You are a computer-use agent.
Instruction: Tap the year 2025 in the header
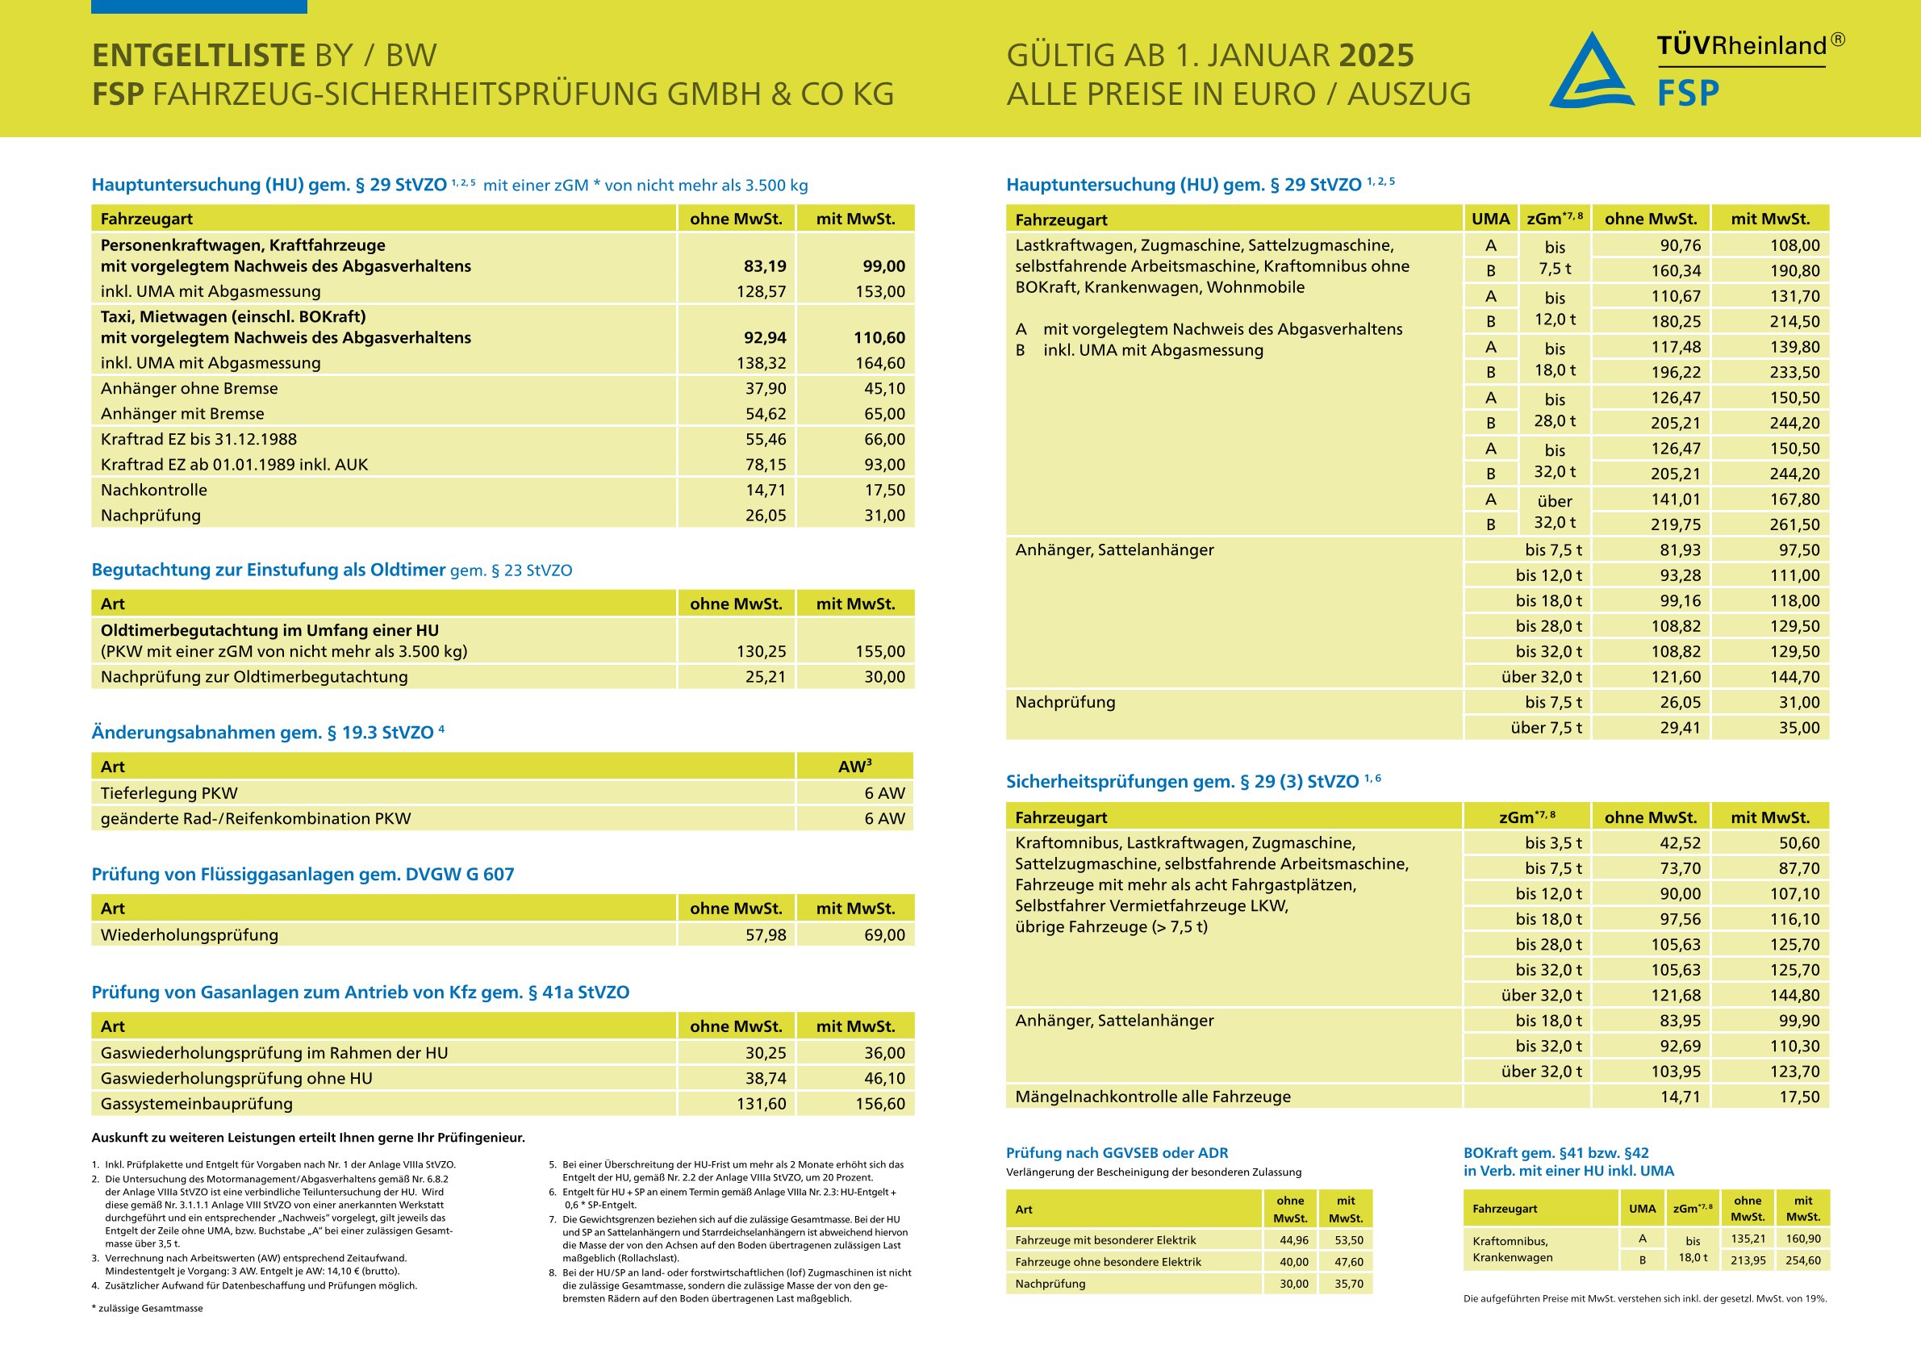point(1376,55)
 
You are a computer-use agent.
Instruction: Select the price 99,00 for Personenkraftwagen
point(883,266)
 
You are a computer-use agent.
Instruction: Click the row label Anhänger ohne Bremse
point(189,388)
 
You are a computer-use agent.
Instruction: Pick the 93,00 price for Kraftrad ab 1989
point(884,465)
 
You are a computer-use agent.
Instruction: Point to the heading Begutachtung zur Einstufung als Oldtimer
point(269,570)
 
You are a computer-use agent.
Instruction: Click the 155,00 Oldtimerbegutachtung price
point(880,651)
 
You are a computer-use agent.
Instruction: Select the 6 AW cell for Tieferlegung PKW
point(884,793)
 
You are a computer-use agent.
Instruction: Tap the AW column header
point(854,767)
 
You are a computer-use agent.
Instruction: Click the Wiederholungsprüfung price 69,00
point(884,934)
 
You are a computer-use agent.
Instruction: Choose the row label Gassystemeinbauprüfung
point(197,1104)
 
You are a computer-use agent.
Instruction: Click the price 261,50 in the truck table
point(1794,524)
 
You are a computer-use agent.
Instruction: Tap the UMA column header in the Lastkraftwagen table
point(1490,219)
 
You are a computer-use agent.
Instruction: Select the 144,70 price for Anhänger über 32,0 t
point(1794,677)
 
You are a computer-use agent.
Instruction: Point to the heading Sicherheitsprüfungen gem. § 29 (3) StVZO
point(1182,782)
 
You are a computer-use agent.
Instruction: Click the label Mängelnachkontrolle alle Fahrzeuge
point(1152,1096)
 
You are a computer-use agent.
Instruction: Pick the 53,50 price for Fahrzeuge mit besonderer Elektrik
point(1349,1240)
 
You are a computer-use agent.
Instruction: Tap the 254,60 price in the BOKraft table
point(1803,1260)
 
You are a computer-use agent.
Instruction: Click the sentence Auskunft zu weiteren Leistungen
point(308,1138)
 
